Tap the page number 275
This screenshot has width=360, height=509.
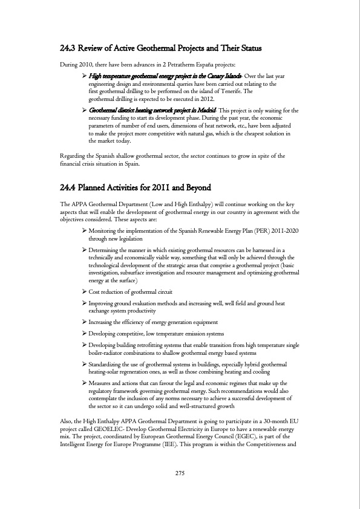180,473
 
